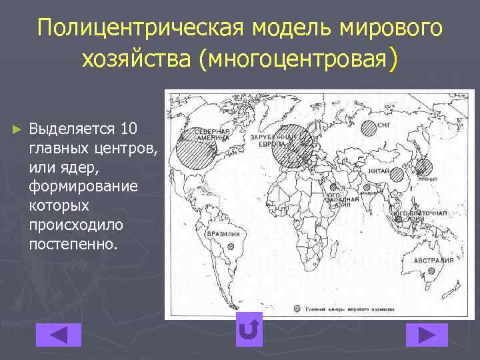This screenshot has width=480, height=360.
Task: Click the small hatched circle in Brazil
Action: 231,245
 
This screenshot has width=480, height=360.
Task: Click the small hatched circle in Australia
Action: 432,271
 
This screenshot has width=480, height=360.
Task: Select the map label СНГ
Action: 385,124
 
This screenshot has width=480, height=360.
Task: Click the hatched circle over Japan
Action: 423,167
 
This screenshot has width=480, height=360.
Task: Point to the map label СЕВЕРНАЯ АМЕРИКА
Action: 212,135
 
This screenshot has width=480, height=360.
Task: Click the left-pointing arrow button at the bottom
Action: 58,335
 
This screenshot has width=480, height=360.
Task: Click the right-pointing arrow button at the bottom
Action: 427,335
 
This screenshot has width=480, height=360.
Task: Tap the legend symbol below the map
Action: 297,309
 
